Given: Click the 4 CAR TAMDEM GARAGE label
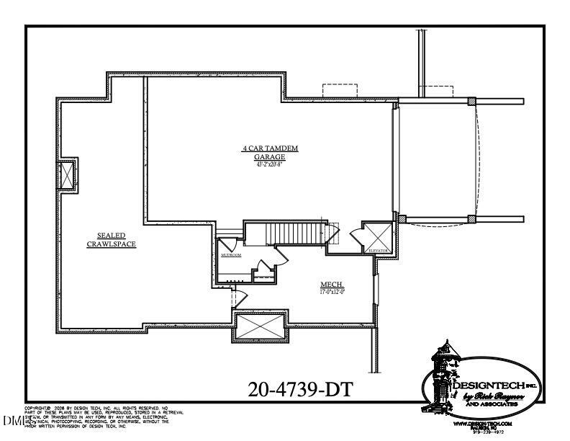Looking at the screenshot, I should click(x=270, y=152).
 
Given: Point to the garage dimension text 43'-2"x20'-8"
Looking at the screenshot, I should click(x=270, y=164).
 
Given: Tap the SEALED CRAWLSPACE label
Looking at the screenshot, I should click(x=112, y=239).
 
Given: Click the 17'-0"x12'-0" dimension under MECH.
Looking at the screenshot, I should click(x=332, y=293).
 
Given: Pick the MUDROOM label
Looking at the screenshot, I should click(x=230, y=255).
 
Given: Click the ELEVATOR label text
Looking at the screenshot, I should click(x=378, y=250).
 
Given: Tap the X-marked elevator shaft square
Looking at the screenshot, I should click(x=379, y=236).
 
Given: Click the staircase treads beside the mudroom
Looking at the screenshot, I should click(x=291, y=233).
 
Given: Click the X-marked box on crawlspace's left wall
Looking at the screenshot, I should click(x=68, y=174).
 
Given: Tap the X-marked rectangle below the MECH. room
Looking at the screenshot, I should click(x=260, y=326).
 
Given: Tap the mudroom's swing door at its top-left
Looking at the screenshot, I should click(x=225, y=242).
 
